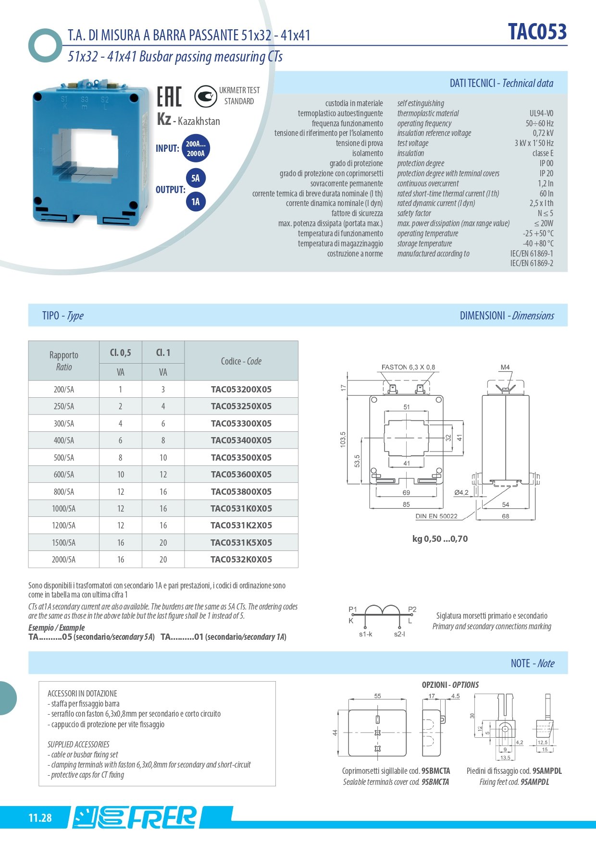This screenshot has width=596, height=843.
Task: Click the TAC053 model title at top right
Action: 537,32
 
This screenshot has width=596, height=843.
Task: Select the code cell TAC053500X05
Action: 241,457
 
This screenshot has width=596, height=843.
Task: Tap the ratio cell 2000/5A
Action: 63,560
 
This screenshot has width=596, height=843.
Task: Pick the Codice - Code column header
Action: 241,361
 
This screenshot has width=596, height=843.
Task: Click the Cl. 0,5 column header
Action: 120,353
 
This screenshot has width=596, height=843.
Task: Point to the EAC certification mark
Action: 169,96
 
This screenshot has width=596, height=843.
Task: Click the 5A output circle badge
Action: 195,178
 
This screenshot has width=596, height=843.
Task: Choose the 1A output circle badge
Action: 195,202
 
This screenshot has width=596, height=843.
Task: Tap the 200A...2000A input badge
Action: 196,148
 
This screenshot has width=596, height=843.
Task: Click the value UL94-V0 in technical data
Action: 541,113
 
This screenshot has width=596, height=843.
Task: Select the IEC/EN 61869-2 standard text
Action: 532,263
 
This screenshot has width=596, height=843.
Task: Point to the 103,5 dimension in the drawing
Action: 343,440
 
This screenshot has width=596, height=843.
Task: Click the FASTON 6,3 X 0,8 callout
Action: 408,367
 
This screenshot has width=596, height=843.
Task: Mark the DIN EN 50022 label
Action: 436,516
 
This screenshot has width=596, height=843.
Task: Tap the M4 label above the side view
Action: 505,367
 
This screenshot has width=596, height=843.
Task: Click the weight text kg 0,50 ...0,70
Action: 440,539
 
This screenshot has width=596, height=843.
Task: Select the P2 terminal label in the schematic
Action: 412,610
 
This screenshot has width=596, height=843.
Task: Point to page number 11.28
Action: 40,818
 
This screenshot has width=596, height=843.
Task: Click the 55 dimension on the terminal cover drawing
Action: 377,696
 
